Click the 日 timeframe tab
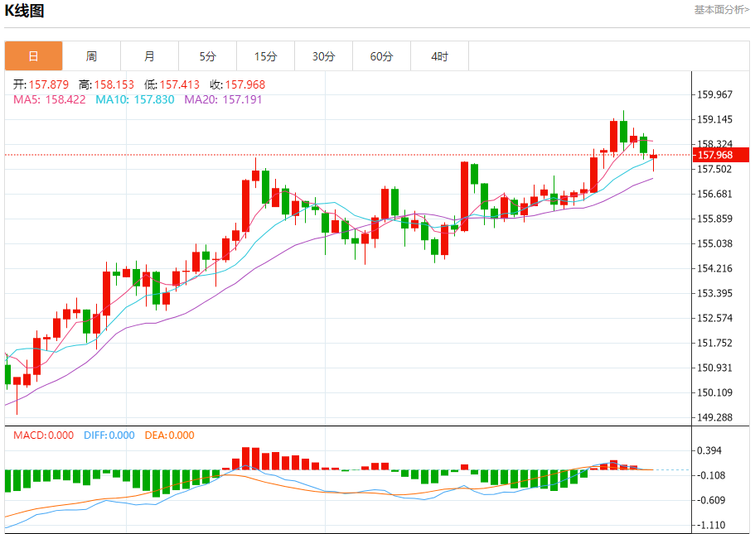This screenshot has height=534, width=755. coord(33,56)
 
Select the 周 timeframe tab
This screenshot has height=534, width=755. coord(91,56)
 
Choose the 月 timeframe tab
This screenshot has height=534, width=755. coord(149,56)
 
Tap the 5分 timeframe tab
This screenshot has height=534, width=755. coord(207,56)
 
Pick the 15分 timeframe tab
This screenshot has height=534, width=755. coord(265,56)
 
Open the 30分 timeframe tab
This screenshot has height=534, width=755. coord(324,56)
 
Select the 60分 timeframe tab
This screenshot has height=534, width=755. coord(382,56)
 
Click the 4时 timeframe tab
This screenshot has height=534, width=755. coord(439,56)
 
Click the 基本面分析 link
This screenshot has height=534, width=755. coord(721,10)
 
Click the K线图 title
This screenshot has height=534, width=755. coord(25,11)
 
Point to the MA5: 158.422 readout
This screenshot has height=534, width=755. coord(50,99)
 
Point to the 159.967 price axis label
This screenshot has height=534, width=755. coord(715,94)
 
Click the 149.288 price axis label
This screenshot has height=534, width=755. coord(715,417)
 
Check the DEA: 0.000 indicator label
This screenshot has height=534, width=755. coord(170,435)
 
